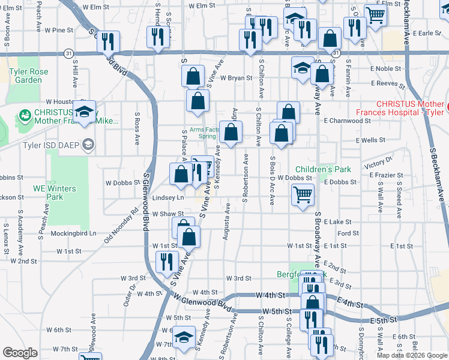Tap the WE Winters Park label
pyautogui.click(x=54, y=193)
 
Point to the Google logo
pyautogui.click(x=20, y=353)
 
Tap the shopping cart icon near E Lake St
pyautogui.click(x=303, y=194)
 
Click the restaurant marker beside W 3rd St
pyautogui.click(x=167, y=262)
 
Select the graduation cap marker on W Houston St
pyautogui.click(x=85, y=112)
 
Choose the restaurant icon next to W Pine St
pyautogui.click(x=108, y=41)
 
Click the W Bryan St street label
pyautogui.click(x=235, y=78)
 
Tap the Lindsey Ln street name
pyautogui.click(x=169, y=197)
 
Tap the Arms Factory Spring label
pyautogui.click(x=203, y=133)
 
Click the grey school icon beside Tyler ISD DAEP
pyautogui.click(x=89, y=144)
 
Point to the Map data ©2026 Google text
pyautogui.click(x=412, y=355)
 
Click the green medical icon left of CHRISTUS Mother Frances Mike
pyautogui.click(x=25, y=113)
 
